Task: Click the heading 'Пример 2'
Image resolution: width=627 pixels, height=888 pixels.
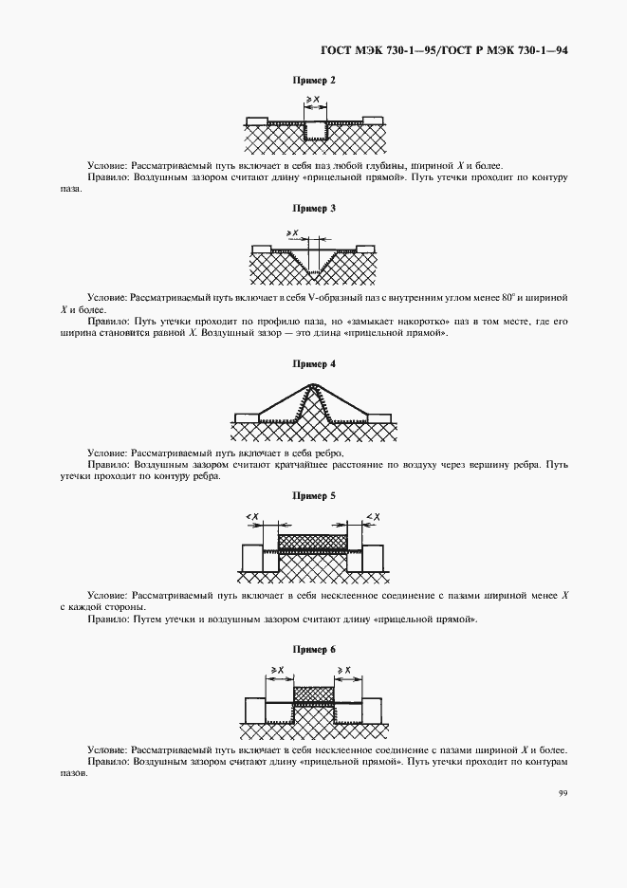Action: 313,81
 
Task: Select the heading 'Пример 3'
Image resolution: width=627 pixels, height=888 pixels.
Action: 313,208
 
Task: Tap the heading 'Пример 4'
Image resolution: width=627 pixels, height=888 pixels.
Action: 313,364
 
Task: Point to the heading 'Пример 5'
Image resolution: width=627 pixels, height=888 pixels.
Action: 313,496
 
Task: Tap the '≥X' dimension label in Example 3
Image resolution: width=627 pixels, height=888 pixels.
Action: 293,231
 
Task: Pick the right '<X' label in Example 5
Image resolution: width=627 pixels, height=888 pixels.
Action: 373,516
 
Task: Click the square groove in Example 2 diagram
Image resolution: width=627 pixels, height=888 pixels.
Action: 315,130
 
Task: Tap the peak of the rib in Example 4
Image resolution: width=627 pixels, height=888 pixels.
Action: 313,385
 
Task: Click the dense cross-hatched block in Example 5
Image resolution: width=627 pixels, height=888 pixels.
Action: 313,542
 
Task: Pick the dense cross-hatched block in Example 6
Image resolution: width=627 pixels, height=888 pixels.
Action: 313,694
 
